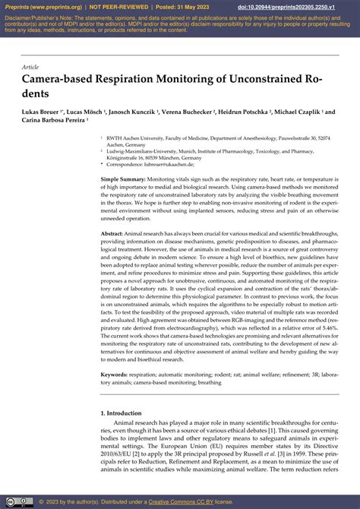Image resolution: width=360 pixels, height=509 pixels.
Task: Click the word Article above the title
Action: point(33,68)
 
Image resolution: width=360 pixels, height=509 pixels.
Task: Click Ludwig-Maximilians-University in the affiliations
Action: point(144,150)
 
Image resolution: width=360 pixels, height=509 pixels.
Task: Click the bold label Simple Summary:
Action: point(124,178)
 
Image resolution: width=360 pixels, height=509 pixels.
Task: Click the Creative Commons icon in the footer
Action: point(10,501)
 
